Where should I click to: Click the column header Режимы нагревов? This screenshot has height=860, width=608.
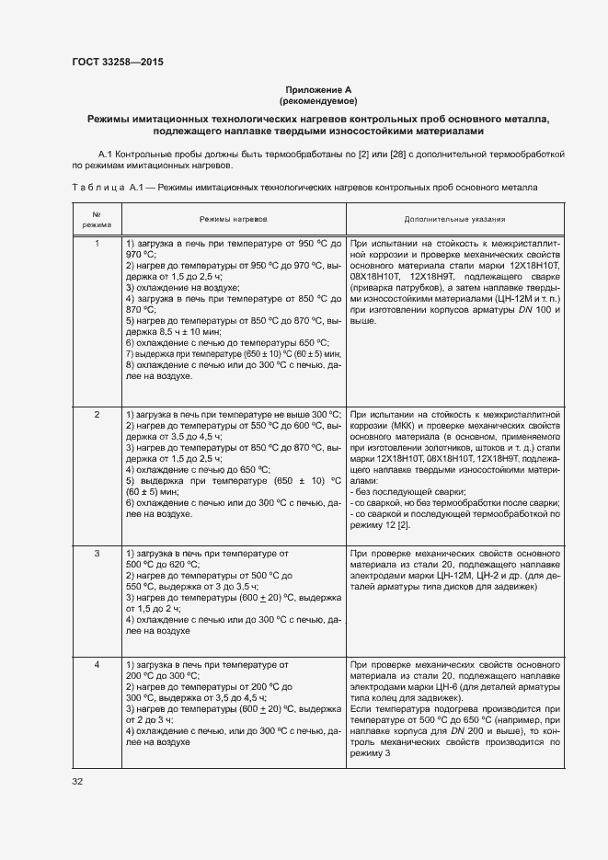tap(234, 220)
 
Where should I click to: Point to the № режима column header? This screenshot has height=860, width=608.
tap(97, 220)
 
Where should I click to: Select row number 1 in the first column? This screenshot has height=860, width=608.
tap(97, 244)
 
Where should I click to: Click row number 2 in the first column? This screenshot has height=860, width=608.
tap(97, 415)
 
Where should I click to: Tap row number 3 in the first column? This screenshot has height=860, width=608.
tap(97, 554)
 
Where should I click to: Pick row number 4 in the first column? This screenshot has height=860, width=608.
tap(97, 664)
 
